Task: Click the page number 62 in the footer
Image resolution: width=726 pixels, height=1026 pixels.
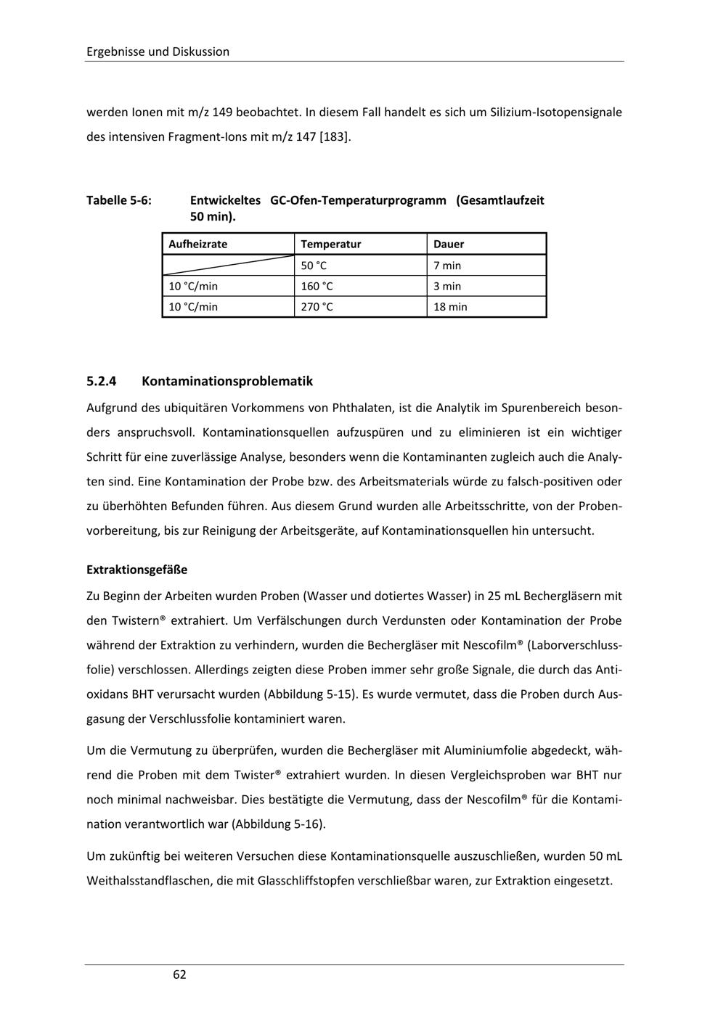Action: point(179,974)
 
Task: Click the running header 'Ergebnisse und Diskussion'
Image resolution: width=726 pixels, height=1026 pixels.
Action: point(158,52)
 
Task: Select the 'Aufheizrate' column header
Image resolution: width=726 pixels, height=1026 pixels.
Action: point(197,245)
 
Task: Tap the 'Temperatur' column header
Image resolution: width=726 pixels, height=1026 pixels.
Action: point(330,245)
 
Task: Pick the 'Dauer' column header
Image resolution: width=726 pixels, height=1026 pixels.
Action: point(449,245)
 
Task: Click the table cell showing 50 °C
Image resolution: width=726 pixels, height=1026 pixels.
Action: point(314,266)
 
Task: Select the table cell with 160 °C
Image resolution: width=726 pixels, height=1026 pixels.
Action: point(317,286)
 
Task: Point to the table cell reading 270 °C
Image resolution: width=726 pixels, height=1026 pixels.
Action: point(317,307)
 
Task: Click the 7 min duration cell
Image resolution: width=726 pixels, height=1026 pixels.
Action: point(447,266)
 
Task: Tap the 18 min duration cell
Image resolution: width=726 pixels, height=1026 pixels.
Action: point(450,307)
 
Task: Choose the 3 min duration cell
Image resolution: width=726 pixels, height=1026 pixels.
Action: point(447,286)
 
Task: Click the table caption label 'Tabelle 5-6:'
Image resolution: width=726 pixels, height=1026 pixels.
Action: point(119,200)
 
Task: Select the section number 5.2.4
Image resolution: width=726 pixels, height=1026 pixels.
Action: point(102,381)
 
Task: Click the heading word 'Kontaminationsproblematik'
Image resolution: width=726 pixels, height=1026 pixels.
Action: point(227,381)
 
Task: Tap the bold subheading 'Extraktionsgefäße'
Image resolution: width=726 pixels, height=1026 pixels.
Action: point(136,570)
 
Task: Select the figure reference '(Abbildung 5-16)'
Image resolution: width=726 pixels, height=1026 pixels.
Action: point(279,824)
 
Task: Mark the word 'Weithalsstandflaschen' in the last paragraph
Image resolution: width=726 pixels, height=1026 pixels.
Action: point(148,881)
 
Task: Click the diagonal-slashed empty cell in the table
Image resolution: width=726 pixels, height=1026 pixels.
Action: point(227,266)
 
